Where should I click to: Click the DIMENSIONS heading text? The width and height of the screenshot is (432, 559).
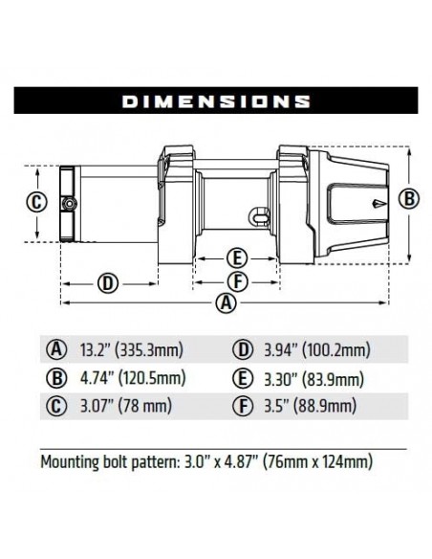click(x=216, y=100)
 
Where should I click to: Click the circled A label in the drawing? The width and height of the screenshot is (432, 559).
click(x=226, y=304)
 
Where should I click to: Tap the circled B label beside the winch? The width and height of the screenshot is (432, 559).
click(x=409, y=199)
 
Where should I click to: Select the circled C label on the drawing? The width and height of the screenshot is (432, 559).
click(x=35, y=203)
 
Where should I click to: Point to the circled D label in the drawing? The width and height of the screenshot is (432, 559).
click(x=108, y=282)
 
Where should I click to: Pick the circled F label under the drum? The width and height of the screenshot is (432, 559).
click(x=237, y=281)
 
